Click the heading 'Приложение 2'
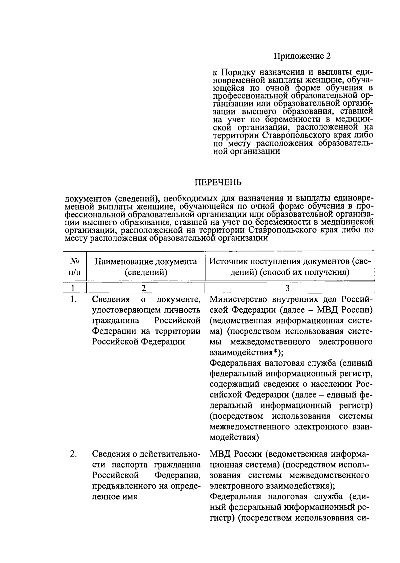(x=302, y=56)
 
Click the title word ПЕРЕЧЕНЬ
(x=218, y=183)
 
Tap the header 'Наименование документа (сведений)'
(x=146, y=267)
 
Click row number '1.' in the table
(x=74, y=299)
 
